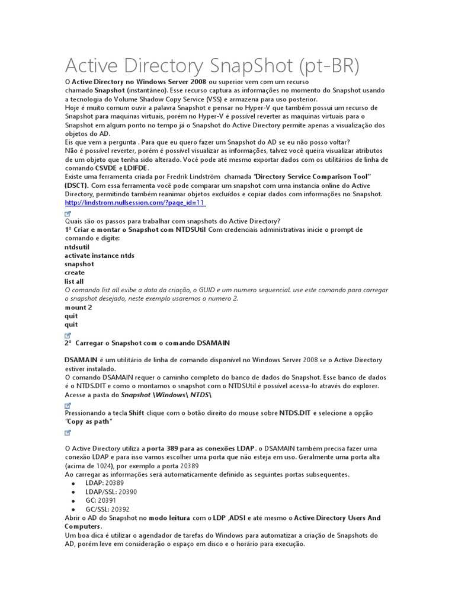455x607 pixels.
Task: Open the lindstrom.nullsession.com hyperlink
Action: click(x=134, y=203)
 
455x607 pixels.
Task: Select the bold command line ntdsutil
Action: click(x=77, y=247)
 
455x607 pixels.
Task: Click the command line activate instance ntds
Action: click(x=100, y=255)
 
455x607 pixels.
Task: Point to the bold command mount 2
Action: click(x=78, y=308)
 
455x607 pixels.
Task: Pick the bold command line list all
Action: click(x=74, y=282)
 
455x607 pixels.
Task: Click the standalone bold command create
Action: click(x=75, y=273)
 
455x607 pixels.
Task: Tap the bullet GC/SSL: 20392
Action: click(x=107, y=509)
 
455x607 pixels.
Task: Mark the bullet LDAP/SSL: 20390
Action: click(x=111, y=492)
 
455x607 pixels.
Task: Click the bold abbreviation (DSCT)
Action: click(x=76, y=186)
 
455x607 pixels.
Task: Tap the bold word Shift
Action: click(x=136, y=413)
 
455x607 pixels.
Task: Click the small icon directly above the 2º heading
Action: click(x=68, y=335)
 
